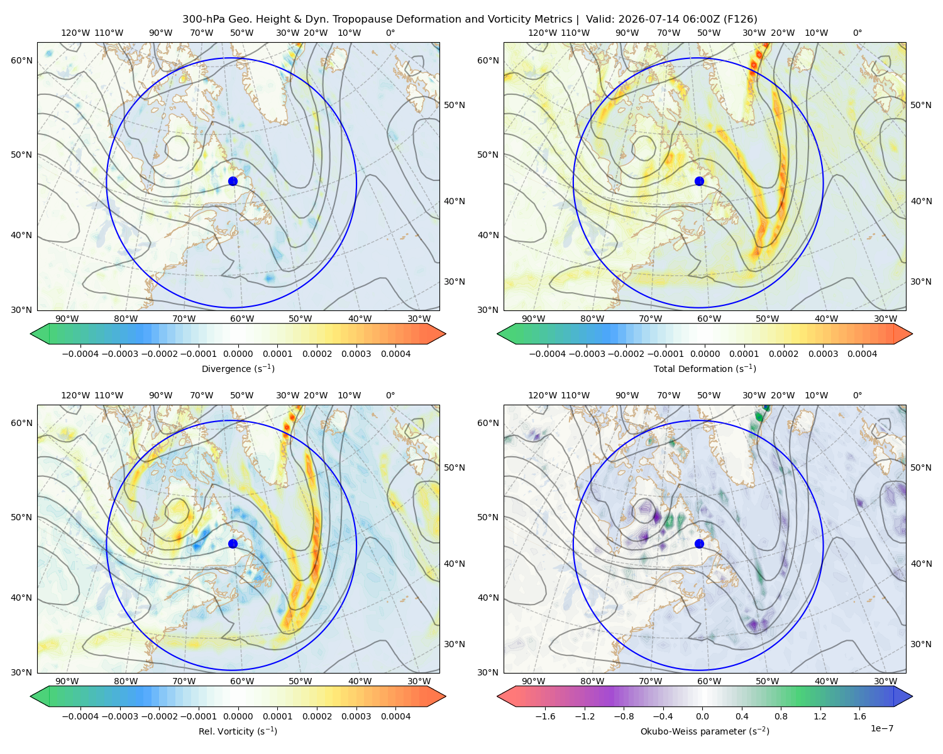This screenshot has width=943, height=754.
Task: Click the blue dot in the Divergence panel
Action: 233,181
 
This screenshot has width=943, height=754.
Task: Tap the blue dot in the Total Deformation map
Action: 699,181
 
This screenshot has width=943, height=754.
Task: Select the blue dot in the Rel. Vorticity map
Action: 233,544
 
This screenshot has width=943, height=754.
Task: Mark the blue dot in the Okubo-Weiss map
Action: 699,544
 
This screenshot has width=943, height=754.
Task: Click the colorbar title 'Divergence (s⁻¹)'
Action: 238,368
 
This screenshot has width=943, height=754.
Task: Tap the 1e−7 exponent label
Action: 881,728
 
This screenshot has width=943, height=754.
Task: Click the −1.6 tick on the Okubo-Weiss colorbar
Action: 545,716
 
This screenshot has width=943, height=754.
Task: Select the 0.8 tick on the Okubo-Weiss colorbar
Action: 781,716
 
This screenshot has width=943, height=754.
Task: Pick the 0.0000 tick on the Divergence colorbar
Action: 238,354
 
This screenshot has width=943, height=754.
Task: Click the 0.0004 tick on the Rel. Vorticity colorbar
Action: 395,716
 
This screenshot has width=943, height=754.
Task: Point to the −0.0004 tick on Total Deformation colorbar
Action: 548,354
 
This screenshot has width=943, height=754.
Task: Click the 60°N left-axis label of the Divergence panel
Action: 21,60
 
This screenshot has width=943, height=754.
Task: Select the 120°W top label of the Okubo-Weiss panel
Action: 542,395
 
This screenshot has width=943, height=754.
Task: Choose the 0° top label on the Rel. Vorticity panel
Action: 390,395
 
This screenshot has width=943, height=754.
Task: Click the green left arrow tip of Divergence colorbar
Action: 31,334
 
